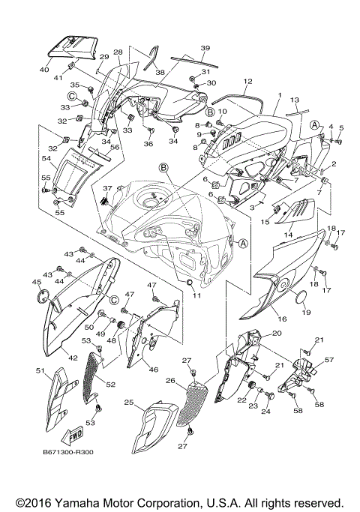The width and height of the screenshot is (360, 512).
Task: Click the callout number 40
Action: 44,69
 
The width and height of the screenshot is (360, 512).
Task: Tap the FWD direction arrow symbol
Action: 76,436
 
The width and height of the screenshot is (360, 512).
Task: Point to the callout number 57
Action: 328,360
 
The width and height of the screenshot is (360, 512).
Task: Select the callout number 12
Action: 247,80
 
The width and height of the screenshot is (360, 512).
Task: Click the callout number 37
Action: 107,188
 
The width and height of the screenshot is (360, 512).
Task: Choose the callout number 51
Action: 40,370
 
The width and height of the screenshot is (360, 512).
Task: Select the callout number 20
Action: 277,333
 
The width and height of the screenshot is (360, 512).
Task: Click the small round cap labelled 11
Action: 190,281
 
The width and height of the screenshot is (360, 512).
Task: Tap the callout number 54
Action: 46,159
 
